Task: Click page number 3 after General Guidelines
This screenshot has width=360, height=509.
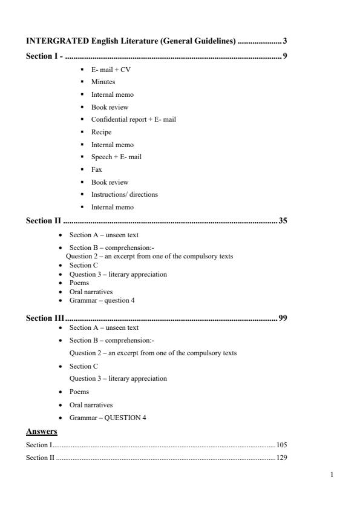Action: [x=284, y=41]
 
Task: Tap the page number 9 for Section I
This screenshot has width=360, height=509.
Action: [x=284, y=56]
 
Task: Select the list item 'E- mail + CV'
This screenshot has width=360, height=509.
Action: [x=111, y=70]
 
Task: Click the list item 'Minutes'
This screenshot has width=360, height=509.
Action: [x=103, y=82]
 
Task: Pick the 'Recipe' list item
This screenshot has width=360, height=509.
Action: [x=101, y=132]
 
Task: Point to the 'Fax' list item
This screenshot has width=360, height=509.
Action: [x=96, y=169]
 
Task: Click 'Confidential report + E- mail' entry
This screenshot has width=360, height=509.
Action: [x=133, y=119]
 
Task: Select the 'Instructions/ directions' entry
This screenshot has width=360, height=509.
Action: [x=124, y=194]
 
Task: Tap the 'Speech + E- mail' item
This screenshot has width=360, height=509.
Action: [x=116, y=157]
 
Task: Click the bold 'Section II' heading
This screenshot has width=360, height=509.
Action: [x=44, y=220]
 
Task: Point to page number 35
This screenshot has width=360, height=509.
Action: [x=283, y=220]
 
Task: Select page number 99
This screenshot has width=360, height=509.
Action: [x=283, y=318]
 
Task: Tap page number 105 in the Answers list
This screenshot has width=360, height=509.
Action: [x=281, y=445]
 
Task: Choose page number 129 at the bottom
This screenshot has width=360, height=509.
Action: [x=281, y=458]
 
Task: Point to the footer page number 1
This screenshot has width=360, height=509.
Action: [x=332, y=475]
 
